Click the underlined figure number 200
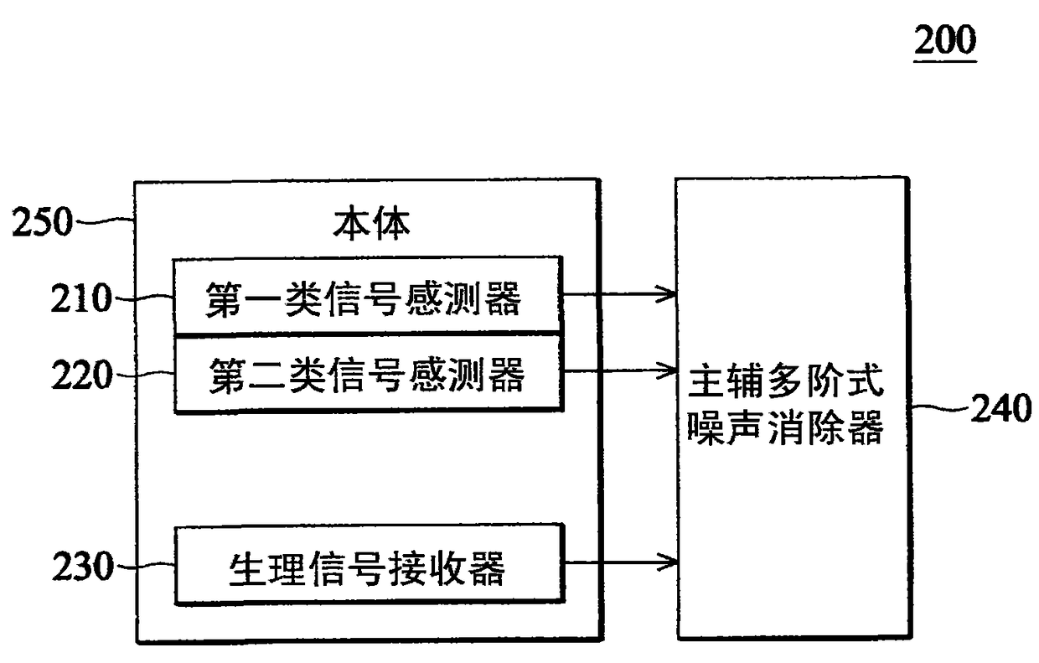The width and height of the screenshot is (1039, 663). point(945,39)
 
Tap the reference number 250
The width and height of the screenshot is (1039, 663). point(42,225)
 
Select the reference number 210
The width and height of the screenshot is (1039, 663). point(81,298)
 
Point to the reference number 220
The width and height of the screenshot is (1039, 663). point(81,376)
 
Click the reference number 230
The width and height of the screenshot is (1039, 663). point(81,568)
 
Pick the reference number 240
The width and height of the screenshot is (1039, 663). point(1000,410)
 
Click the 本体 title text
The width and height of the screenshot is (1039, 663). point(371,225)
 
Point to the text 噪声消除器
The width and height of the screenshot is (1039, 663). point(785,430)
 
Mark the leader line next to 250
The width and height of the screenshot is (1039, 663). point(105,221)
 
